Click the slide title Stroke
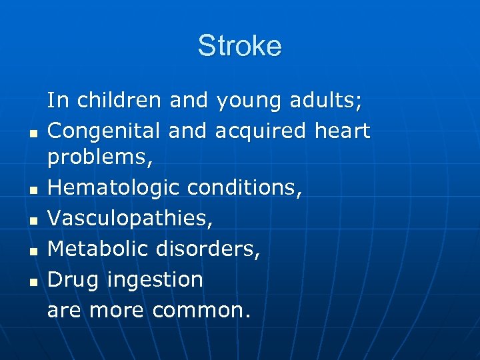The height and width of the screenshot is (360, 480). (239, 46)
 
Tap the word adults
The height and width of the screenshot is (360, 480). (326, 101)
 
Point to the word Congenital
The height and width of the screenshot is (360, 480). (105, 131)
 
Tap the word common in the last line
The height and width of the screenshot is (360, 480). (201, 309)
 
